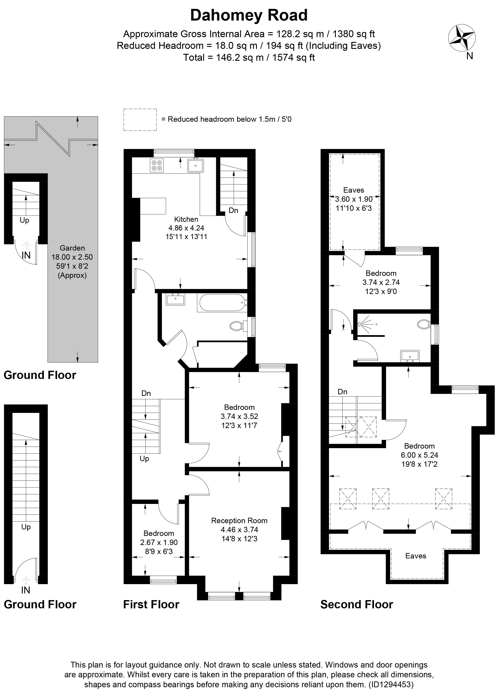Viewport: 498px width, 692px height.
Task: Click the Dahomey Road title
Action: point(249,16)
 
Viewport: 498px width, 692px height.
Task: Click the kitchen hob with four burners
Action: point(157,165)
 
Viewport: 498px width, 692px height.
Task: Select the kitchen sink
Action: point(195,166)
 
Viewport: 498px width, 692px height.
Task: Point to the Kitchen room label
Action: point(186,219)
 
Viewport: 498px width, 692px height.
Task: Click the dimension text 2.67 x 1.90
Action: point(159,542)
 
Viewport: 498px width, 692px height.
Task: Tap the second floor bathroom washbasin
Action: point(410,356)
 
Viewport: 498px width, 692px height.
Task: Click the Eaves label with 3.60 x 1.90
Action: point(354,190)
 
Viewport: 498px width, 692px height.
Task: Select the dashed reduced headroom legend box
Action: point(140,120)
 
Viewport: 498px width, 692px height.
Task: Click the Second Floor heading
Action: point(356,604)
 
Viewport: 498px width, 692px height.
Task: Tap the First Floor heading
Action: point(151,604)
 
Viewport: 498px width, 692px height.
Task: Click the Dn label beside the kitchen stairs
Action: point(233,210)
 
